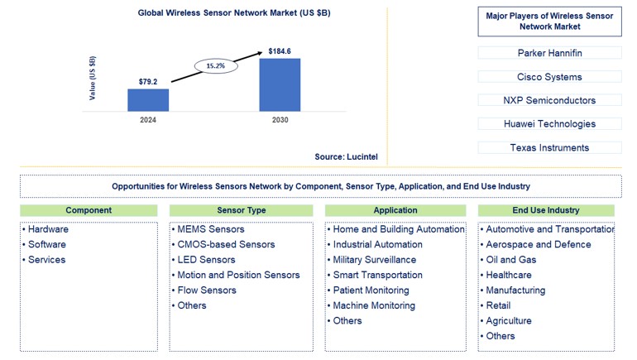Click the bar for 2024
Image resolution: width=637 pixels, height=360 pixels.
pos(148,100)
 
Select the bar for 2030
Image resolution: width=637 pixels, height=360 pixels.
pos(280,84)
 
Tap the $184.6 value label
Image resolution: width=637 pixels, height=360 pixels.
pos(280,51)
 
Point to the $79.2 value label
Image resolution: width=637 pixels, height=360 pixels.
pos(149,82)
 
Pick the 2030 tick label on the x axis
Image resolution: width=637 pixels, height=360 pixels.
pos(280,120)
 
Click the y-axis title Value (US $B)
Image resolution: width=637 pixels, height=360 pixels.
pos(93,79)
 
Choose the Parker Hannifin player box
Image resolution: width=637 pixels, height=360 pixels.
pos(549,53)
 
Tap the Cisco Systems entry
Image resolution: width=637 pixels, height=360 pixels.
pos(549,77)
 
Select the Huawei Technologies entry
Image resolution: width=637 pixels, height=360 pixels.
pos(549,124)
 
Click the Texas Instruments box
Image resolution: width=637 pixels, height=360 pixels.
pos(549,147)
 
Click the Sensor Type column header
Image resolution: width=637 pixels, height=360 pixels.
pos(242,210)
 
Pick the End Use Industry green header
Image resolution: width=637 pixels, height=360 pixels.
pos(546,210)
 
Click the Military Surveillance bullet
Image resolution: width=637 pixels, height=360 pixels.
pos(374,260)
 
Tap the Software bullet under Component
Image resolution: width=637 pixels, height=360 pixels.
pos(46,244)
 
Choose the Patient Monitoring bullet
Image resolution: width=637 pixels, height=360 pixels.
pos(371,290)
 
